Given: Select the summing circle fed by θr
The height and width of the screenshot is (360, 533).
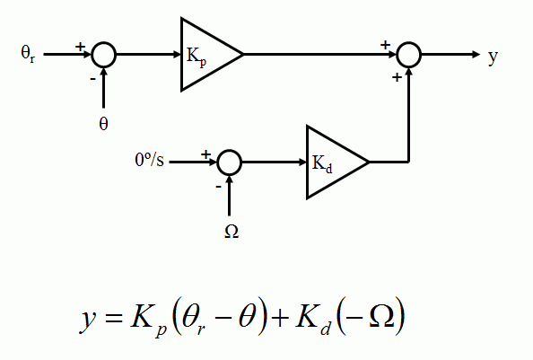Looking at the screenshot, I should click(104, 55).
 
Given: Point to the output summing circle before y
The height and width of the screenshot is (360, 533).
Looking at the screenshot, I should click(409, 55).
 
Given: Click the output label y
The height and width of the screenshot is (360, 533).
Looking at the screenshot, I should click(493, 56).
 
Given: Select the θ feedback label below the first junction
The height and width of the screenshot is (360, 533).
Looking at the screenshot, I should click(103, 123).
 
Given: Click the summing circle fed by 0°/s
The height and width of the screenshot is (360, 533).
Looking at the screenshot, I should click(230, 162).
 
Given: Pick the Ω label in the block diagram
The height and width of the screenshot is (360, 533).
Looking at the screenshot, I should click(231, 231).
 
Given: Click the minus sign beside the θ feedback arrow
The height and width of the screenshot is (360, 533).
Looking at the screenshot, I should click(92, 78).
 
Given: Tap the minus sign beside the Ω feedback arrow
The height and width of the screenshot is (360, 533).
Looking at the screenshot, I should click(218, 186).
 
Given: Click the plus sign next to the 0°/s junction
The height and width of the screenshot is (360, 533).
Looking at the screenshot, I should click(205, 154).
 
